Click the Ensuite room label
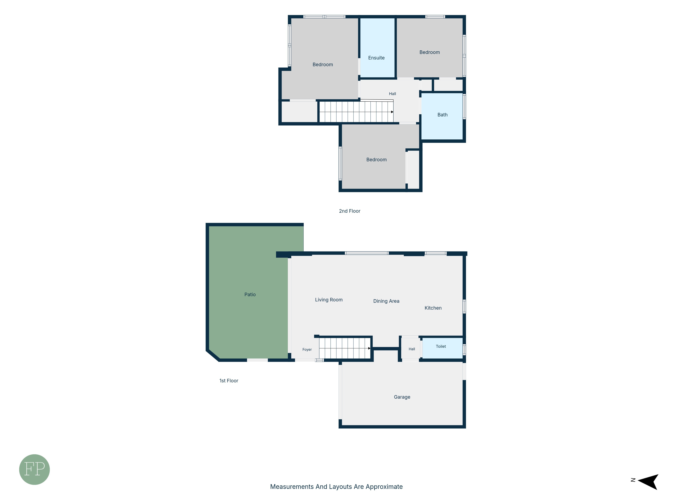click(376, 58)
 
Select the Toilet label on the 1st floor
click(441, 346)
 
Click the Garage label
click(402, 397)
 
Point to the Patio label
click(250, 294)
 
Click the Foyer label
click(307, 350)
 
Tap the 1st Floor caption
click(229, 381)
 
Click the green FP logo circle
click(34, 469)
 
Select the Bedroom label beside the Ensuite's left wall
click(323, 64)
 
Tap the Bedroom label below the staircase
click(376, 159)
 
